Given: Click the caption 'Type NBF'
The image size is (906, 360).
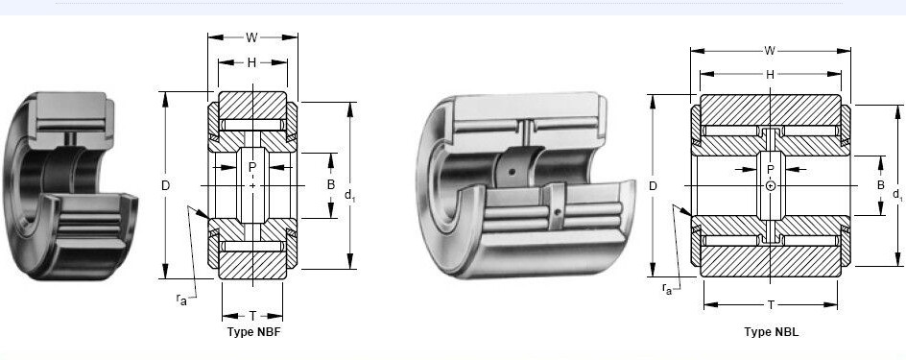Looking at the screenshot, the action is click(x=253, y=332).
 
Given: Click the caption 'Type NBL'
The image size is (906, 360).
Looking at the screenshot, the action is click(x=771, y=332).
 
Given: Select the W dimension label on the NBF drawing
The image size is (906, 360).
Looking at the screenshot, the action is click(x=251, y=37).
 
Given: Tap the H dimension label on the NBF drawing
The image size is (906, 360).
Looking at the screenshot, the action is click(x=251, y=62).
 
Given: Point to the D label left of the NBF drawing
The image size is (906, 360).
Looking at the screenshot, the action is click(x=166, y=185).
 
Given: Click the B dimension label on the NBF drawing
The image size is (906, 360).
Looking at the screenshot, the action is click(x=331, y=185).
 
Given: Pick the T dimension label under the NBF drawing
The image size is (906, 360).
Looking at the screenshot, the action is click(x=252, y=316).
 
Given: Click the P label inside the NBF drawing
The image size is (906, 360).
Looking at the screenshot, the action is click(x=251, y=167).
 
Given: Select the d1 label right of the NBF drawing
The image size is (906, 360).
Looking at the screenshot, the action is click(x=349, y=195).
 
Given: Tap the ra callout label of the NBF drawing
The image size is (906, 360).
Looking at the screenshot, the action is click(x=181, y=299).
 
